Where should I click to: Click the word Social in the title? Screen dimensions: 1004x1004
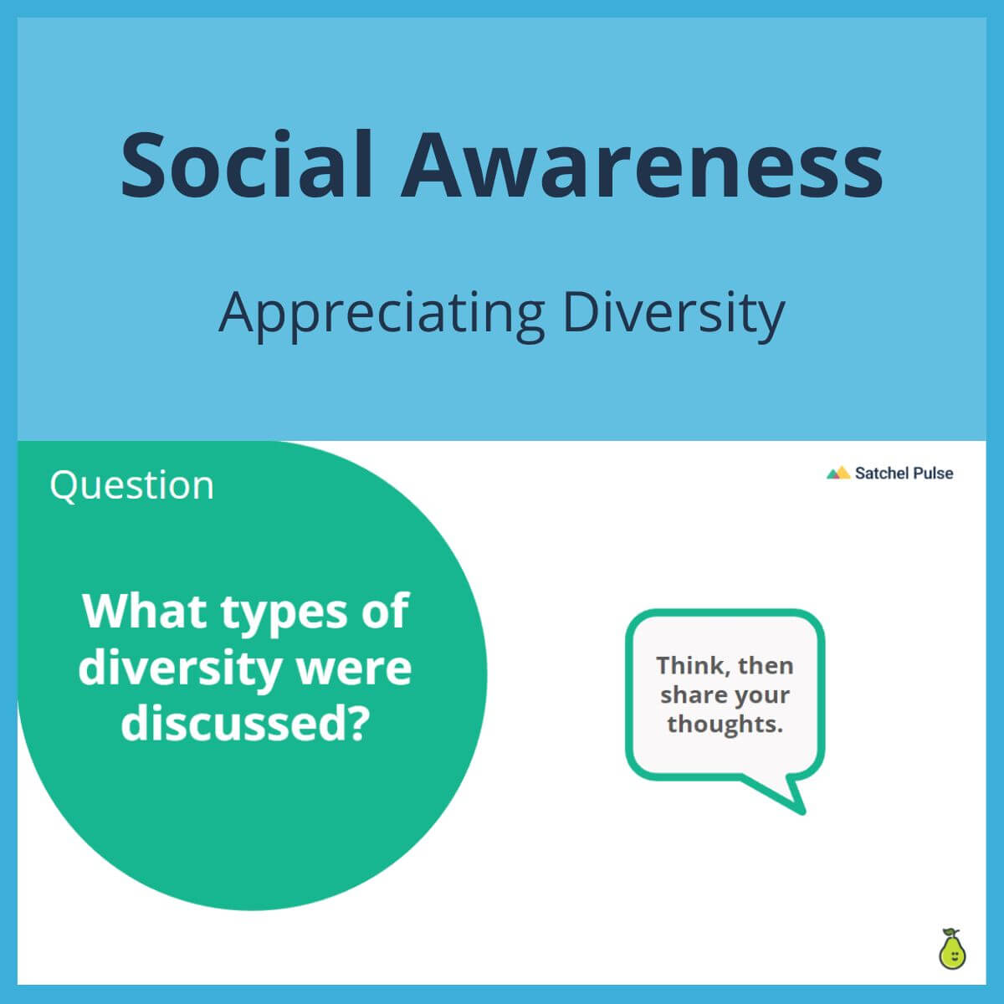click(246, 165)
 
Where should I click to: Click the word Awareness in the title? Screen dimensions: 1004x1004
click(642, 165)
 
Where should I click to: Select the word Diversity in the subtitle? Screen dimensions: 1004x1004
click(673, 312)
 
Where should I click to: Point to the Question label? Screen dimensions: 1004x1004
click(131, 485)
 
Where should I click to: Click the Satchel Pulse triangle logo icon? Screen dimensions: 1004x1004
click(838, 474)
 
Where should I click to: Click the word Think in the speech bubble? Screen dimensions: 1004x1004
click(687, 666)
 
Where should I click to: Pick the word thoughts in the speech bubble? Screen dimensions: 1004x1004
click(724, 724)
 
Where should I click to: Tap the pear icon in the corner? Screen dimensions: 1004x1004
click(951, 950)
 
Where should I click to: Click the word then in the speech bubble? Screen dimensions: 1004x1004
click(766, 666)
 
